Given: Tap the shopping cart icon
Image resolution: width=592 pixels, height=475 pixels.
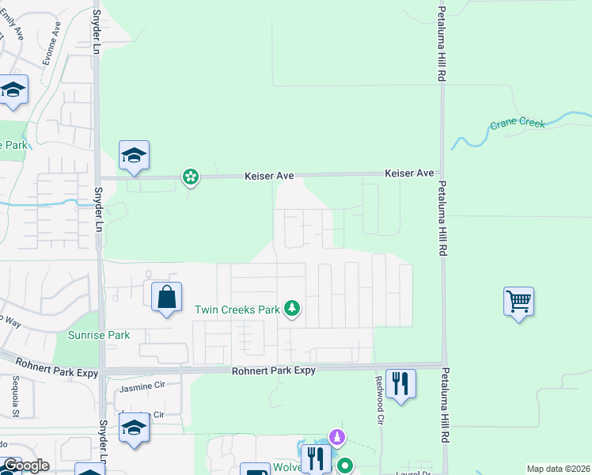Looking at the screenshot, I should point(518,301).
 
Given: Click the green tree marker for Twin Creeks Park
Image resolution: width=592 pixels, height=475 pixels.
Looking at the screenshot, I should point(293,309).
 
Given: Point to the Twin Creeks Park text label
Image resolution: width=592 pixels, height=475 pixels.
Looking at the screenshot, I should point(237,310).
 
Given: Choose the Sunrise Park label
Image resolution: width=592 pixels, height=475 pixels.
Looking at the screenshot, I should point(98,335).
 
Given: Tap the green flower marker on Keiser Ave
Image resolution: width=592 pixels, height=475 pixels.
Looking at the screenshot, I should point(191,177).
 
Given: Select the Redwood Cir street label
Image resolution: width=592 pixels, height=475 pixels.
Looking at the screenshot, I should point(381,408).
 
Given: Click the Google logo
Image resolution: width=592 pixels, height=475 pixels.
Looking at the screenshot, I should point(25,465).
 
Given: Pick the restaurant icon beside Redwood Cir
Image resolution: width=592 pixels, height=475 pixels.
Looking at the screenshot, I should point(400,384).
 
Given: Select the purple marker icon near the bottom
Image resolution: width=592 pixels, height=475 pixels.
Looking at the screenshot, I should point(337,437).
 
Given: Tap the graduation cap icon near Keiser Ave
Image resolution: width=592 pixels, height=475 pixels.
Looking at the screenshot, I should point(135,155).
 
